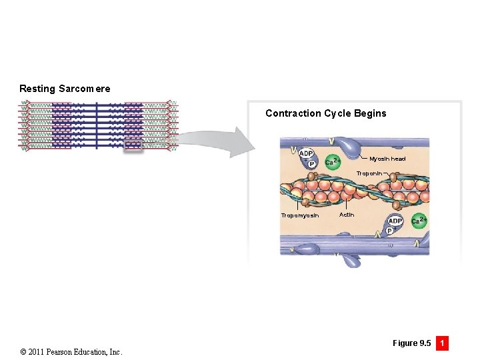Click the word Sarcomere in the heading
(x=85, y=89)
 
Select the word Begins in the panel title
(x=370, y=113)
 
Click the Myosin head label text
(x=387, y=159)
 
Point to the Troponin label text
(x=369, y=173)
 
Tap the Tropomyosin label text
(x=300, y=215)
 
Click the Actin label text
(x=347, y=215)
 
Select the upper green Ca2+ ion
(x=333, y=161)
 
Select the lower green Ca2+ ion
(x=419, y=221)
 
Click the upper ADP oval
(x=306, y=154)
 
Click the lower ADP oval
(x=395, y=221)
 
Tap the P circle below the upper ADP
(x=311, y=164)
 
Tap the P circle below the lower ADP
(x=390, y=231)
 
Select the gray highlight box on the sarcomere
(x=133, y=145)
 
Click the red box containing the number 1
(x=441, y=343)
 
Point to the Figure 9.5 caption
(x=411, y=343)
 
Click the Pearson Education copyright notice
(x=71, y=351)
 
